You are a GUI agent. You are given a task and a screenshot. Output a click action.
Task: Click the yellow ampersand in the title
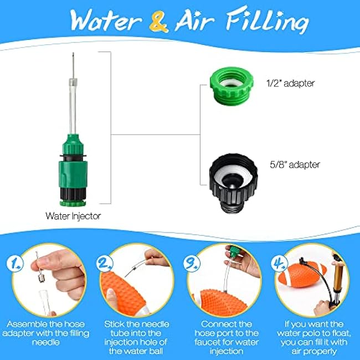(158, 22)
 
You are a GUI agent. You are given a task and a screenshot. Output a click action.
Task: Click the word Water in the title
(106, 20)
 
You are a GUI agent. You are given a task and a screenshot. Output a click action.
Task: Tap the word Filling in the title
(268, 20)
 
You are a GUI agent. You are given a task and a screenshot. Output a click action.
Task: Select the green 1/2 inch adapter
(232, 86)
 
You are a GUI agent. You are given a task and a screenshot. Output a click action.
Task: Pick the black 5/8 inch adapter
(233, 183)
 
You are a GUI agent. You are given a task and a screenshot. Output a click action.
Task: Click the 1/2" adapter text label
(290, 83)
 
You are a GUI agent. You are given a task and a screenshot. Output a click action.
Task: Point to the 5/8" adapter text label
(295, 164)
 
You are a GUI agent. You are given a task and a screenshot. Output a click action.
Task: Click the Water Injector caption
(73, 216)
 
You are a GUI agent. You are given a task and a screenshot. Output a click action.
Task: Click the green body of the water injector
(73, 171)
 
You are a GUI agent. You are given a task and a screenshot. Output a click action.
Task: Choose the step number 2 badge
(105, 263)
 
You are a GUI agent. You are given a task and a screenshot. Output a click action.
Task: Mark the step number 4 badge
(279, 263)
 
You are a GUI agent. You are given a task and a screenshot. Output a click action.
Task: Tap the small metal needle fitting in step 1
(41, 277)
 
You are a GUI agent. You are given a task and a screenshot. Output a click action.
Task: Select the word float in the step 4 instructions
(340, 333)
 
